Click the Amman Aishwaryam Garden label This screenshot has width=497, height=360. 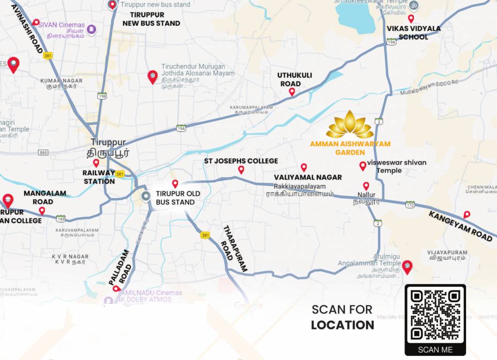pyautogui.click(x=350, y=148)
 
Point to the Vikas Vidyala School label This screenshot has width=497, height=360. pyautogui.click(x=414, y=32)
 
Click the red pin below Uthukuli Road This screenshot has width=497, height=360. pyautogui.click(x=292, y=92)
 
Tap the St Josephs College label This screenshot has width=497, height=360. pyautogui.click(x=241, y=161)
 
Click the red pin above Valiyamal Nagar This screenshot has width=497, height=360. pyautogui.click(x=304, y=167)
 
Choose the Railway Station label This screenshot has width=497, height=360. pyautogui.click(x=99, y=177)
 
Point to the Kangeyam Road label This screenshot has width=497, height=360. pyautogui.click(x=461, y=226)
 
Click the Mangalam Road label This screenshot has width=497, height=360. pyautogui.click(x=45, y=197)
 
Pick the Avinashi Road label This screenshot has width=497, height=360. pyautogui.click(x=27, y=29)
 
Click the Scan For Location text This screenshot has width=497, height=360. pyautogui.click(x=342, y=317)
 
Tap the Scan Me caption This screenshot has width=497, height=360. pyautogui.click(x=435, y=349)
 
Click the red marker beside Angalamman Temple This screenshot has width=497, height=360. pyautogui.click(x=407, y=267)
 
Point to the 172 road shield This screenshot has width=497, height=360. pyautogui.click(x=410, y=204)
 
